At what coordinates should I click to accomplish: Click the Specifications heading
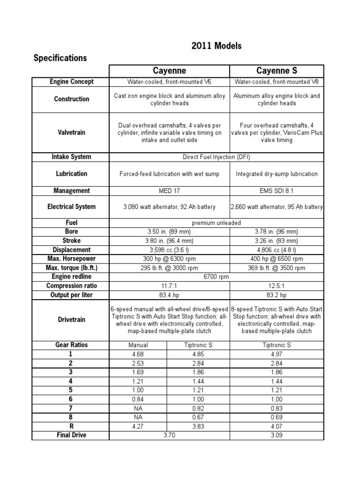60,58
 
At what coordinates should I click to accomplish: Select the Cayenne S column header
276,71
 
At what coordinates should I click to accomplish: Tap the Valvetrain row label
71,133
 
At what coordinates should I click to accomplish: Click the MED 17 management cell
169,191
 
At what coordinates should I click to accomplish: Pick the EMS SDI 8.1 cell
276,191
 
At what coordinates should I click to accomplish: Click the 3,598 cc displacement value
169,250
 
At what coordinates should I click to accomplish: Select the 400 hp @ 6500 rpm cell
276,259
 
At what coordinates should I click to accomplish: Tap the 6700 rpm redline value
216,277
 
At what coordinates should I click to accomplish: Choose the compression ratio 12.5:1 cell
276,286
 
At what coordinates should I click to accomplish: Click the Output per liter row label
71,295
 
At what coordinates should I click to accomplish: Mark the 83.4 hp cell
169,295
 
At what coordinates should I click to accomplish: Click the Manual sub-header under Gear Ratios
138,345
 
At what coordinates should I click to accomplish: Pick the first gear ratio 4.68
138,354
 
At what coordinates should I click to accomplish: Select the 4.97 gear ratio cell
276,354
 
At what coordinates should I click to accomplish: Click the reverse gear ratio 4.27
138,427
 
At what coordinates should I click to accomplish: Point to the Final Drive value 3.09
276,435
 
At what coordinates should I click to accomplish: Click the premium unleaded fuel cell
216,223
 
